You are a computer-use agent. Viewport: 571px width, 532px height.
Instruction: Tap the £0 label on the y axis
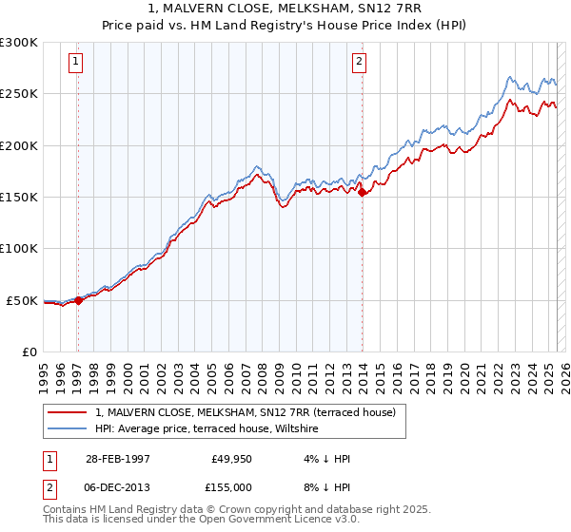(29, 352)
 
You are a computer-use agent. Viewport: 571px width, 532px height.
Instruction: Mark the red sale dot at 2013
(362, 193)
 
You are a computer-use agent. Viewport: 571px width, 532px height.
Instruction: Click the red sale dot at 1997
(78, 300)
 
